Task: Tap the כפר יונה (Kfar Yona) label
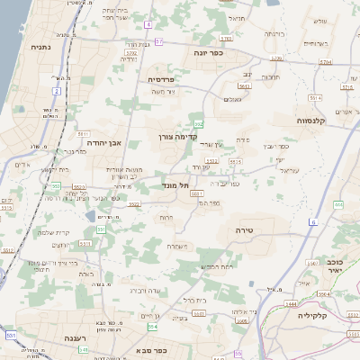[208, 52]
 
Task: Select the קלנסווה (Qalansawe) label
[316, 120]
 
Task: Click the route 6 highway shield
[313, 221]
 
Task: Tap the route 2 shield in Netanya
[56, 91]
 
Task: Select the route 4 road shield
[148, 23]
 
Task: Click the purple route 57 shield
[158, 41]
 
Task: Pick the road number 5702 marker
[131, 54]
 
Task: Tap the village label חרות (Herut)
[166, 217]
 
